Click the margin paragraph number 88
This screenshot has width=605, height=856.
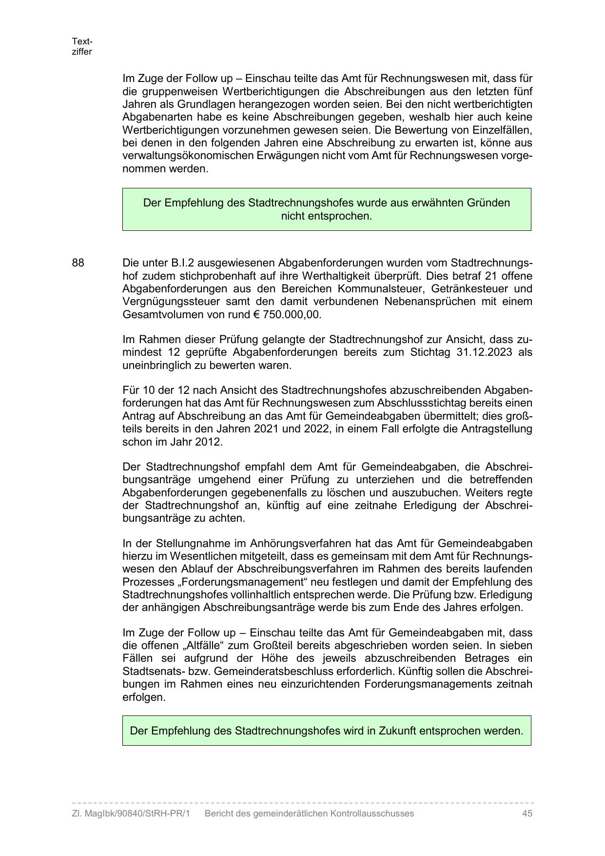[78, 263]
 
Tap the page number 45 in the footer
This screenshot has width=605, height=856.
[527, 814]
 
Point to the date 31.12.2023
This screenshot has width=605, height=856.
[485, 352]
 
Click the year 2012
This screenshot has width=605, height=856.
[209, 442]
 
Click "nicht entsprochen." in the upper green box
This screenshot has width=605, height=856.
[326, 216]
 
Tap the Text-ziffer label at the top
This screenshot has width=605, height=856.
[82, 46]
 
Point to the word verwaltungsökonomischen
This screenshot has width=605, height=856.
[187, 156]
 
